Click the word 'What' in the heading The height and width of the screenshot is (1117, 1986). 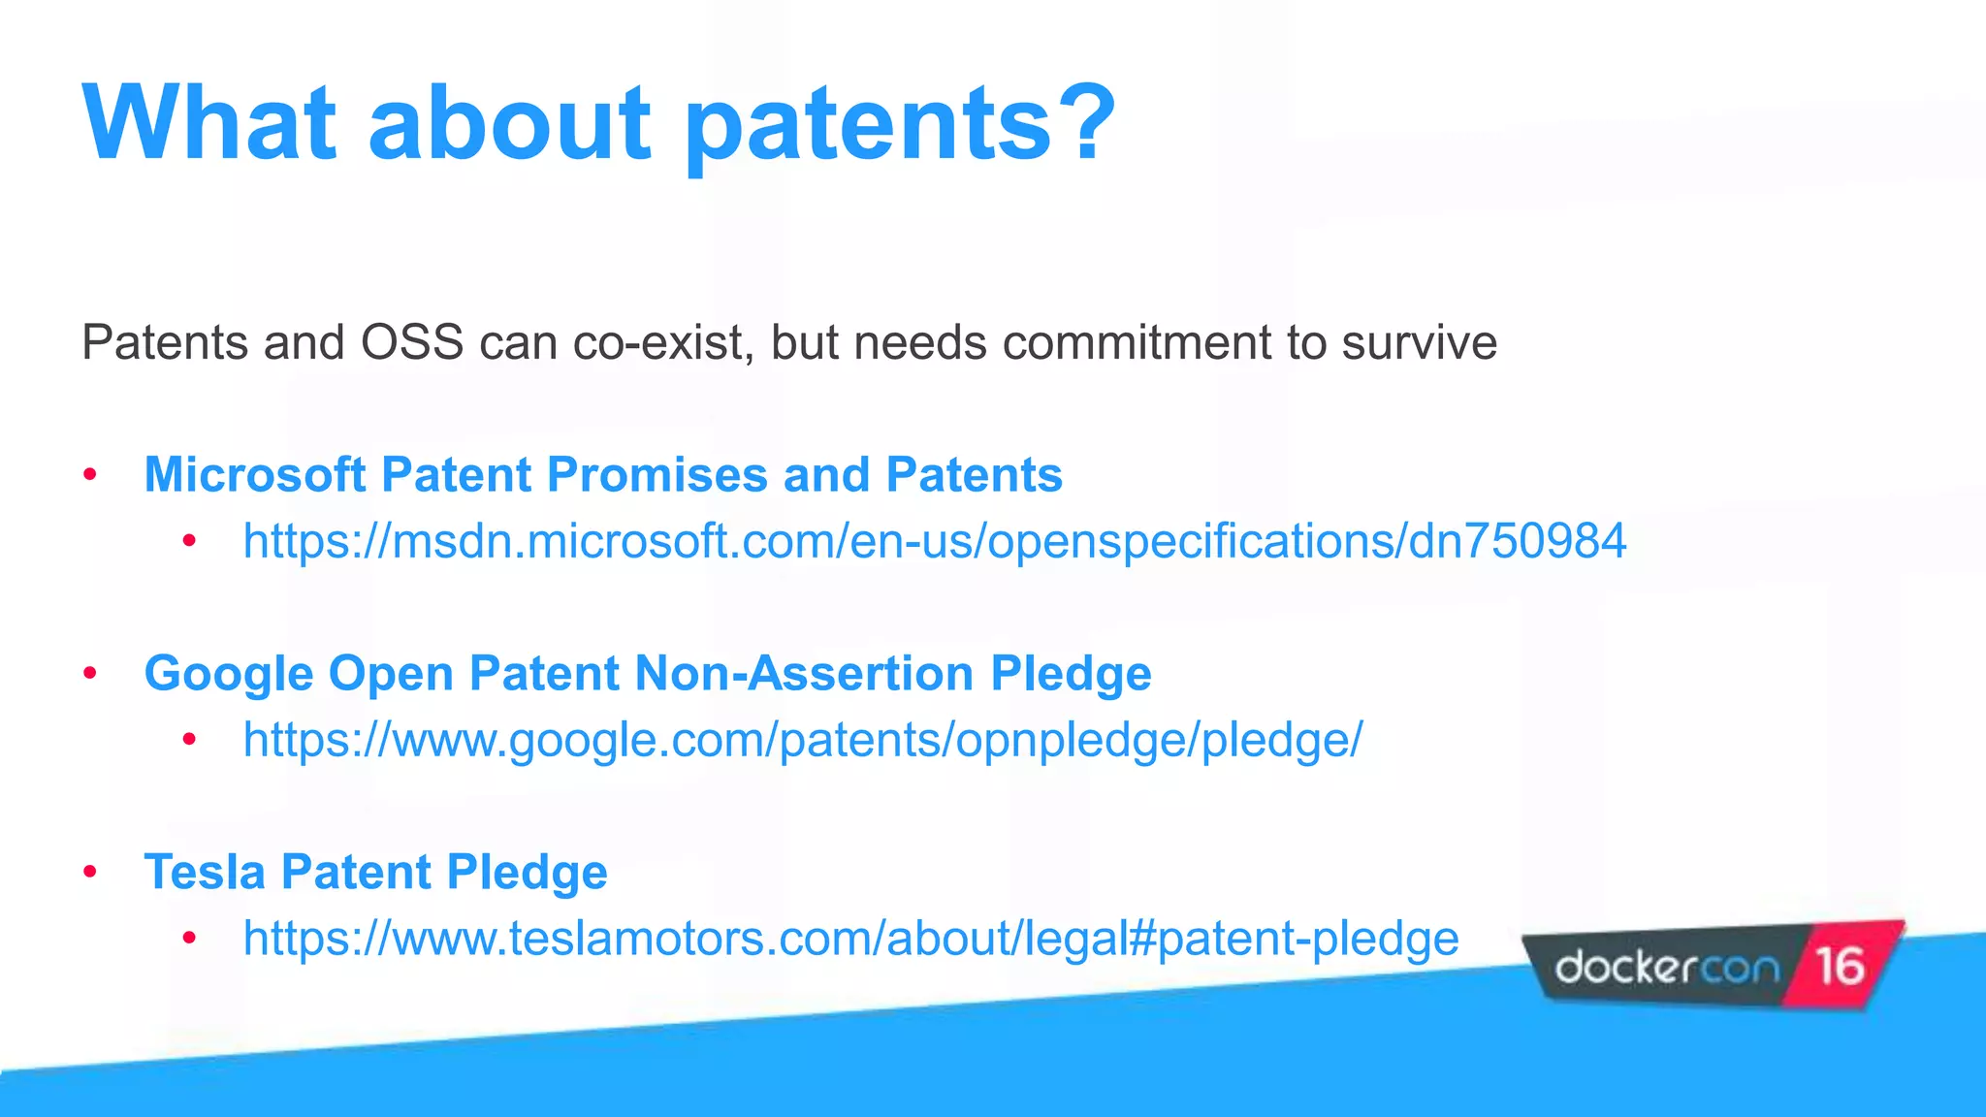click(x=208, y=123)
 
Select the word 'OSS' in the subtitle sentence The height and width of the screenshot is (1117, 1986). click(x=411, y=342)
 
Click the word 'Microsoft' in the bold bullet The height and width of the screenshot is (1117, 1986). click(x=254, y=475)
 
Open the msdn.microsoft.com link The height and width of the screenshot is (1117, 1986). click(x=934, y=541)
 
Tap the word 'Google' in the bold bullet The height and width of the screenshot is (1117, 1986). click(x=229, y=674)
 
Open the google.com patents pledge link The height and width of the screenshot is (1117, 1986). click(x=802, y=740)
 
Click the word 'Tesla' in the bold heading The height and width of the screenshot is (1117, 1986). click(x=205, y=872)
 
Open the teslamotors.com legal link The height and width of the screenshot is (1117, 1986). click(x=850, y=939)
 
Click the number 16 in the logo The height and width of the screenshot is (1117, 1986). click(x=1839, y=966)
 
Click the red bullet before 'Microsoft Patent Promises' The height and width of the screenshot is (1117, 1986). click(x=90, y=475)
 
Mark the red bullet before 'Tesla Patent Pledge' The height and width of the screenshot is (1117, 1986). click(x=90, y=872)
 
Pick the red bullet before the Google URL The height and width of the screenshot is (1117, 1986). click(x=189, y=741)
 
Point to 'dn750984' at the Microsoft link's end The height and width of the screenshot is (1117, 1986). click(x=1517, y=541)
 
